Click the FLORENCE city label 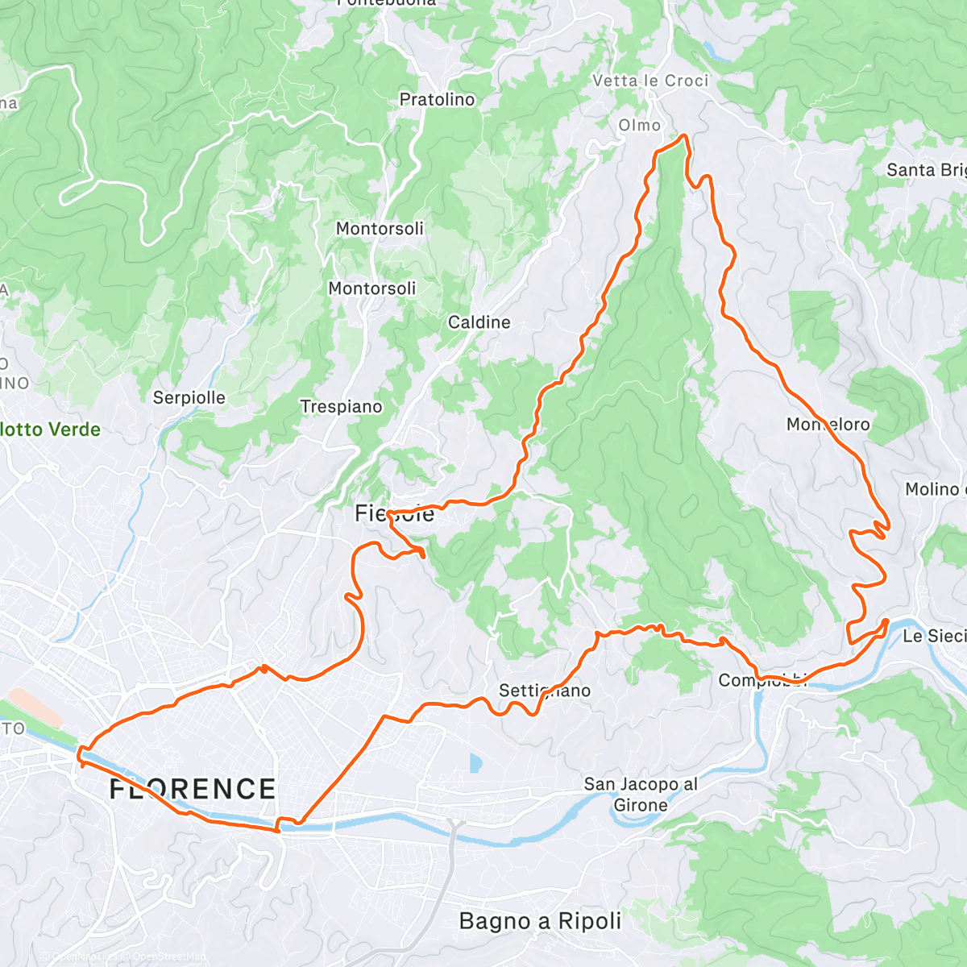pos(193,788)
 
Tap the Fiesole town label pos(394,513)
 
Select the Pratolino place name pos(437,100)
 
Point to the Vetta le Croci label pos(650,81)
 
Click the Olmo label pos(639,125)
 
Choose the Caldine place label pos(479,322)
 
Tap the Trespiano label pos(341,407)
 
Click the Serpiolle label pos(189,397)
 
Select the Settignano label pos(544,691)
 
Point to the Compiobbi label pos(762,681)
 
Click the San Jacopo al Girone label pos(641,795)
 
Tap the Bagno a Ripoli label pos(540,921)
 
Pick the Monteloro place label pos(828,424)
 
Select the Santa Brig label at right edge pos(925,170)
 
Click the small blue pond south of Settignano pos(475,762)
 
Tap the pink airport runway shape pos(35,708)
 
